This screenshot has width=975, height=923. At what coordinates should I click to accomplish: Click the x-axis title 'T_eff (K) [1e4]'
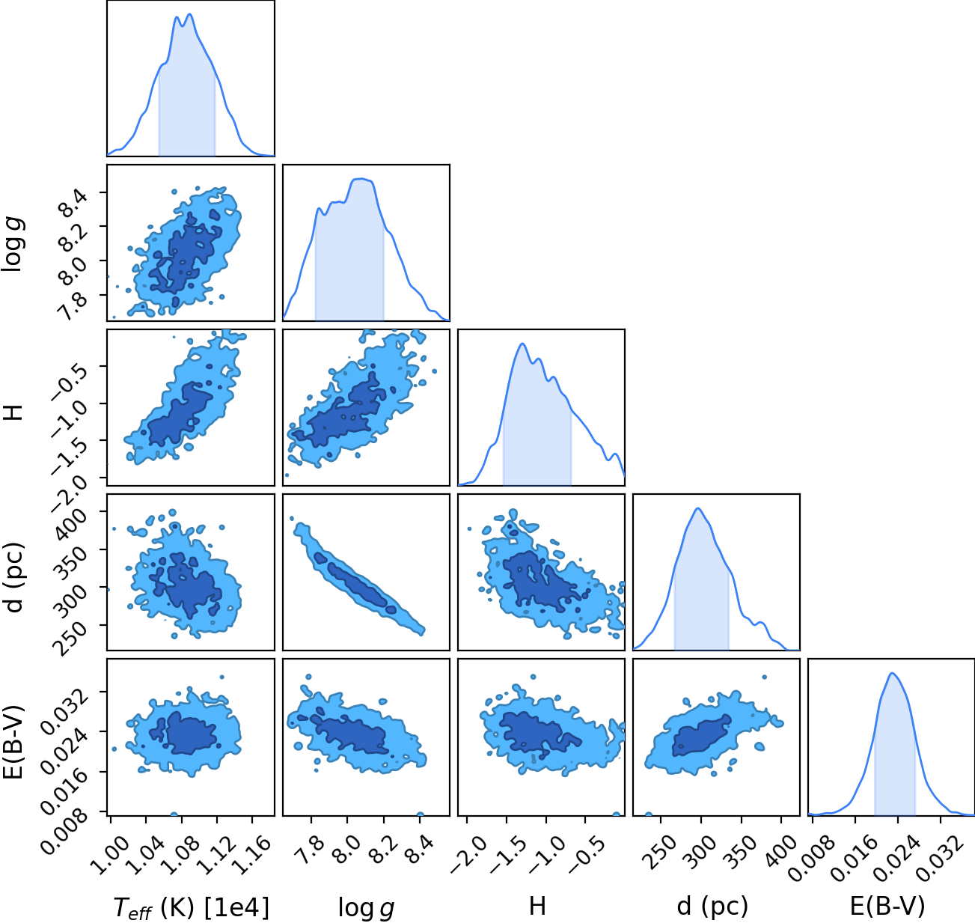point(192,907)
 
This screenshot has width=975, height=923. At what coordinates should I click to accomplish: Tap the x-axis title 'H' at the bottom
point(537,906)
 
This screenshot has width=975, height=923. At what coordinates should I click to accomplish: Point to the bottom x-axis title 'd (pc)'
point(712,907)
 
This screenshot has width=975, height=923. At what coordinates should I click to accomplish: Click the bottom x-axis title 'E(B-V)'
point(887,907)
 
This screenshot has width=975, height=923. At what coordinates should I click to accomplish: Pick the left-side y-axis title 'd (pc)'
point(13,578)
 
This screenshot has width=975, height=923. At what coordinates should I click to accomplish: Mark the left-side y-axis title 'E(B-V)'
point(13,741)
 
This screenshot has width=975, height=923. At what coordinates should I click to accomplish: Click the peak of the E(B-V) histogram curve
point(892,674)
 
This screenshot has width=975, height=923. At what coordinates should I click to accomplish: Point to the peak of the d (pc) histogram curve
point(698,508)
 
